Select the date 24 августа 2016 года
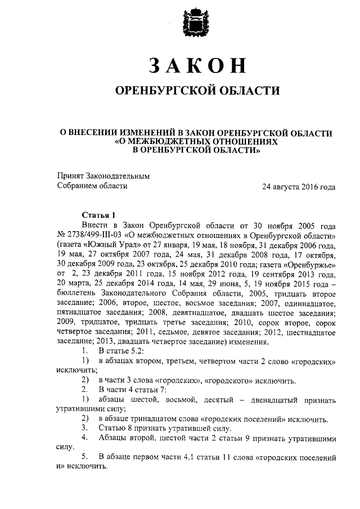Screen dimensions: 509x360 click(x=299, y=186)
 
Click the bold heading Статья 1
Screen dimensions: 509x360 click(x=98, y=214)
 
